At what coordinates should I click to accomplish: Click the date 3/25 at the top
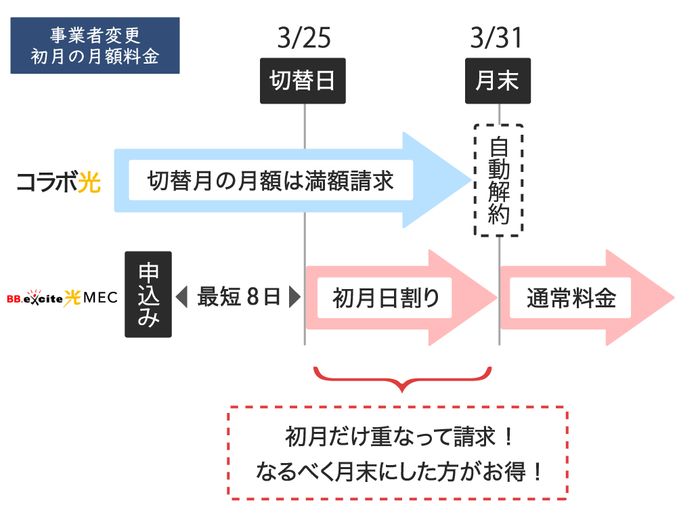(x=304, y=39)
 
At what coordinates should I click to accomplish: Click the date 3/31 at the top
(x=497, y=39)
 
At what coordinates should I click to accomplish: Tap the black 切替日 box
(x=303, y=81)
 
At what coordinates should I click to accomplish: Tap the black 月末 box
(x=497, y=81)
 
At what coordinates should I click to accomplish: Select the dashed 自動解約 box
(x=498, y=180)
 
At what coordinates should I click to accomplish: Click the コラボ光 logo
(x=58, y=181)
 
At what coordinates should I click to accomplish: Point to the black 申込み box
(x=148, y=294)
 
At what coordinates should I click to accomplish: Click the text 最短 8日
(x=238, y=297)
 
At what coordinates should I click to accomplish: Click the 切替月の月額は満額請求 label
(x=271, y=181)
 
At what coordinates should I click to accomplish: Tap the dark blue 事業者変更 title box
(x=95, y=45)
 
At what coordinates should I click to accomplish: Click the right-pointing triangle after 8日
(x=294, y=297)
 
